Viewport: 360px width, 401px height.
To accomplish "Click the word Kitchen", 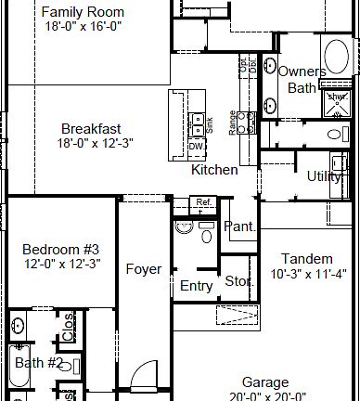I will click(x=214, y=170).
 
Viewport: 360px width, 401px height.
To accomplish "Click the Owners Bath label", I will click(x=302, y=80).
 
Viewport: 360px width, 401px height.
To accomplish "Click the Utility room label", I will click(x=324, y=176).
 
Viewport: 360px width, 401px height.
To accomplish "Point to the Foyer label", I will click(x=144, y=270).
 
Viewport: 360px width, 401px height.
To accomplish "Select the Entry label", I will click(x=196, y=286).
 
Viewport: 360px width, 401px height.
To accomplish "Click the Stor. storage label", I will click(x=238, y=281).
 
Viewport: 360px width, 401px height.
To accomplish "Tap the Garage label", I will click(x=265, y=382).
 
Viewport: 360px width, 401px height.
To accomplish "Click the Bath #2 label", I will click(x=38, y=362).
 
